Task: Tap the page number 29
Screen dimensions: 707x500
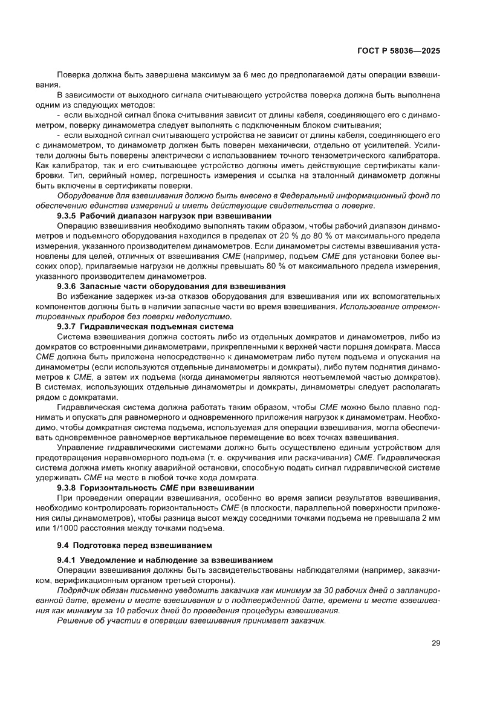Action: (435, 643)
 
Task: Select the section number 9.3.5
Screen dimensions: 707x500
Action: (68, 217)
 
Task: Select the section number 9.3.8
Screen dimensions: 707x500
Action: (68, 487)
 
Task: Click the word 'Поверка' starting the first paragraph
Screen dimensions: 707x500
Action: (73, 74)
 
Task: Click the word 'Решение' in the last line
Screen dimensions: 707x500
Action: (73, 621)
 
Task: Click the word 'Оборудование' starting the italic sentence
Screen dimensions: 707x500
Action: (85, 196)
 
